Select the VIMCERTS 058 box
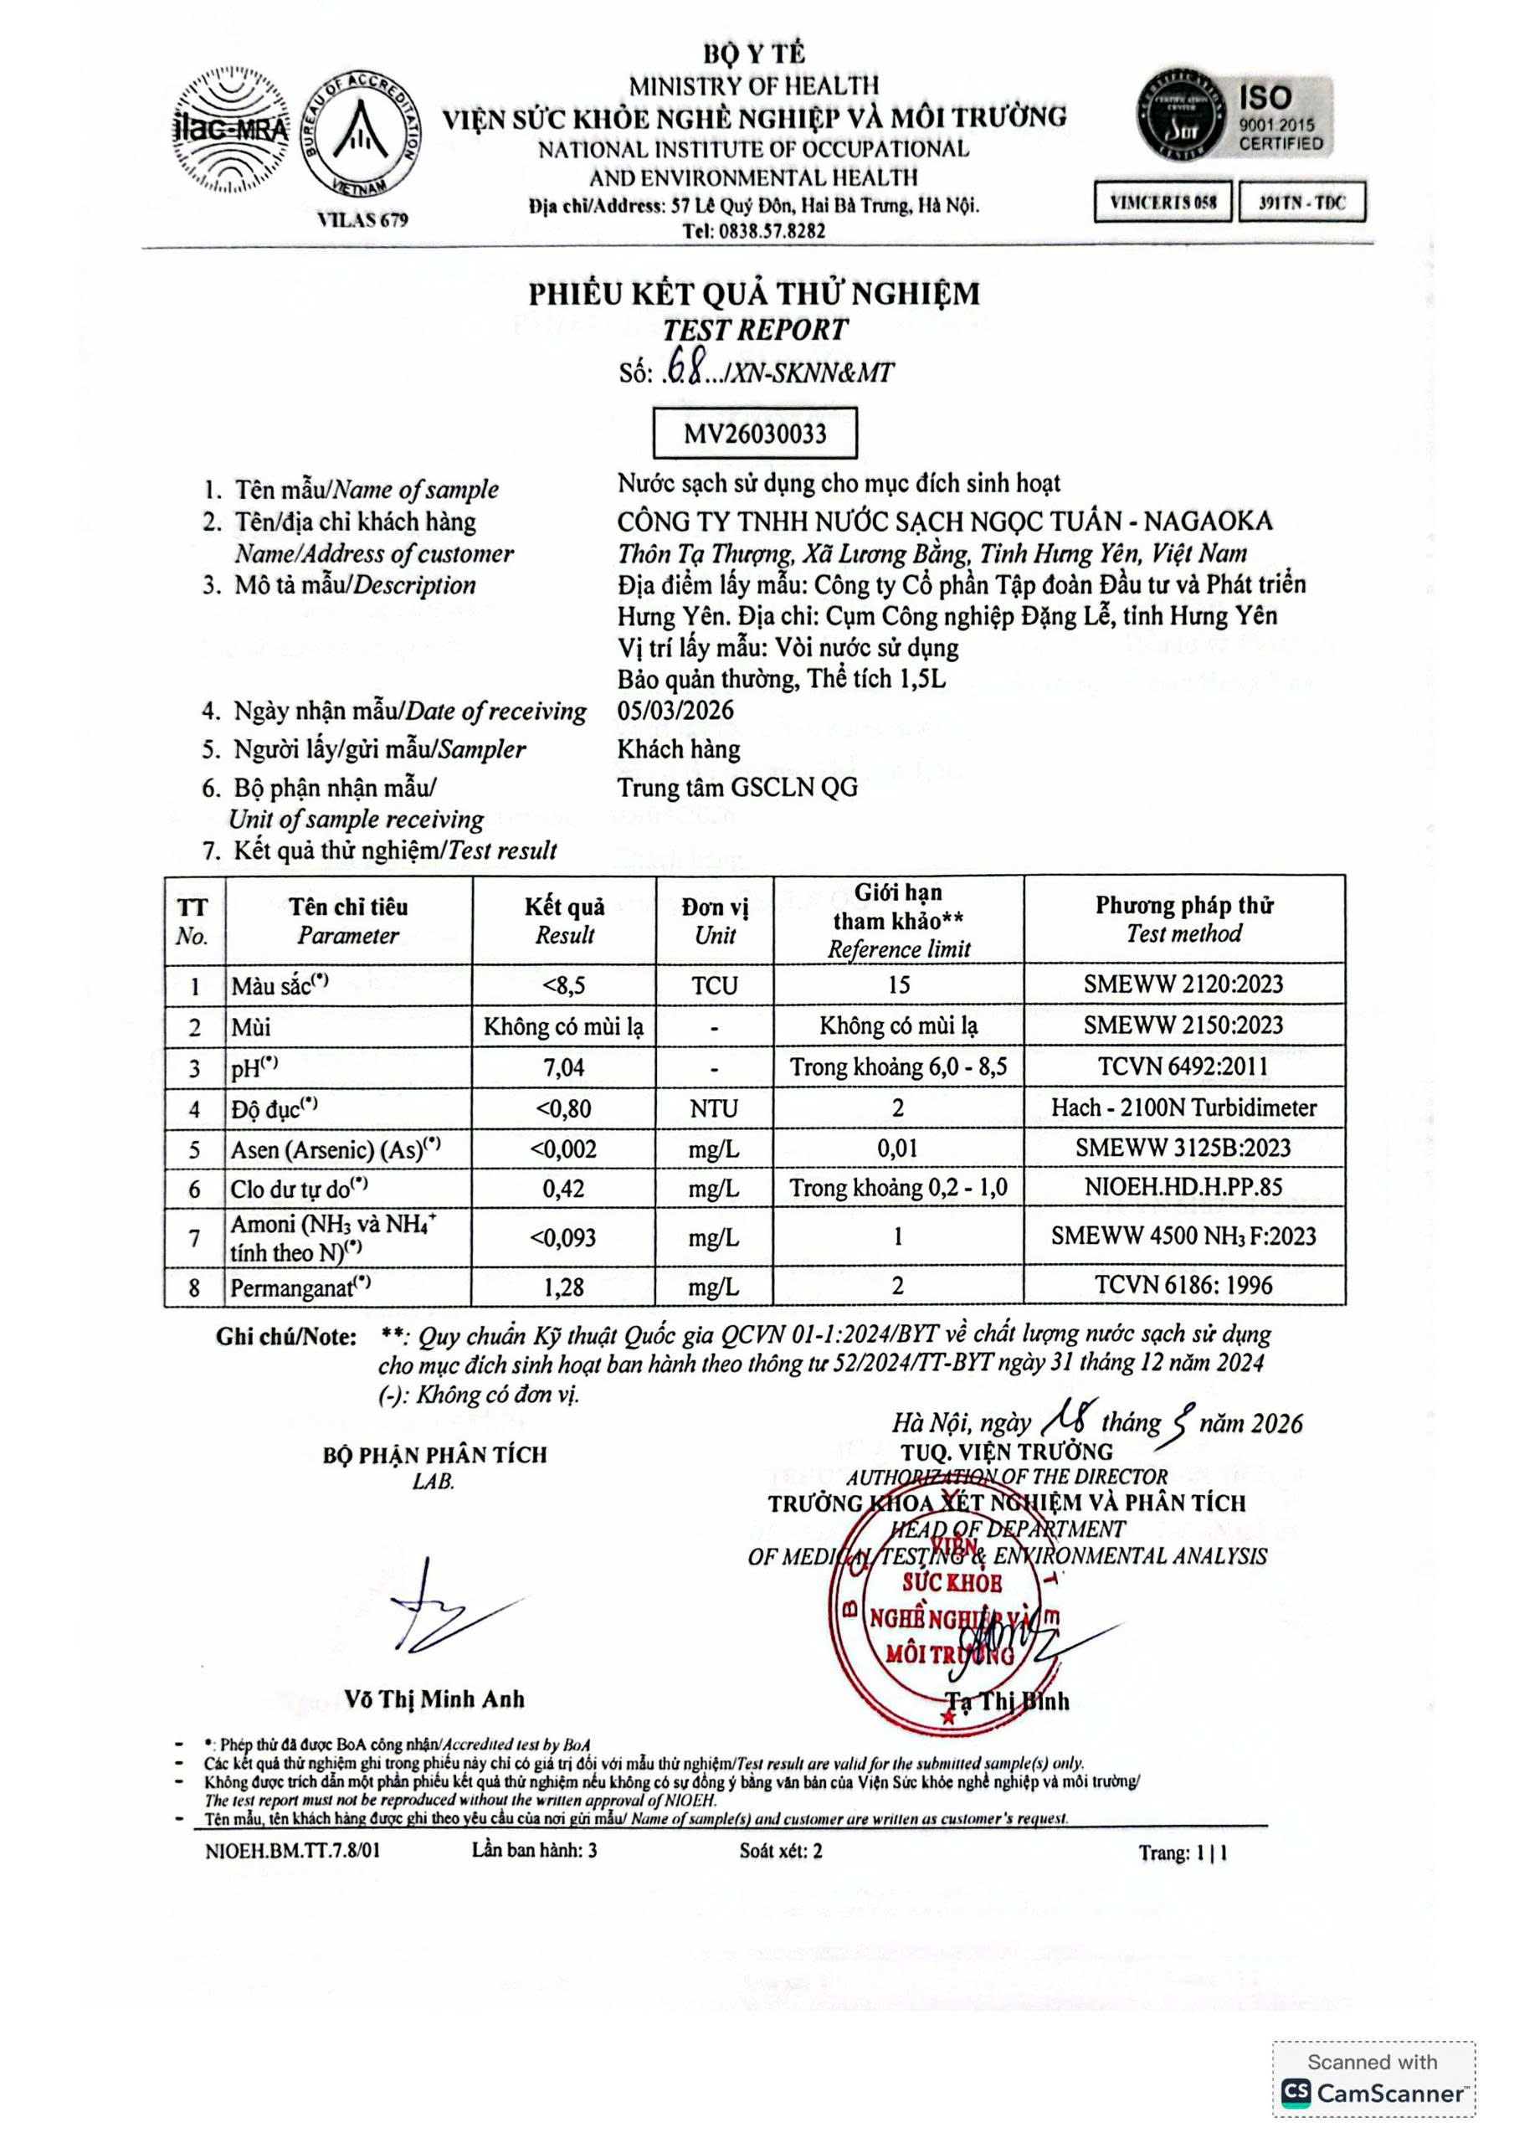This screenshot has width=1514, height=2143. point(1162,203)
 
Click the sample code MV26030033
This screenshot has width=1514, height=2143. point(754,433)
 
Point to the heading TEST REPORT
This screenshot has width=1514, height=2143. point(754,330)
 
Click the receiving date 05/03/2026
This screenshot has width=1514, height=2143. point(675,711)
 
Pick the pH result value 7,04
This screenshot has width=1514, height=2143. point(564,1066)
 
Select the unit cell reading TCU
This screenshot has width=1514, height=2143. point(714,985)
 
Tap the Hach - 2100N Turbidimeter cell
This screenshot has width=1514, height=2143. point(1183,1107)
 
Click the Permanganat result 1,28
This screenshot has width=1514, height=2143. point(564,1287)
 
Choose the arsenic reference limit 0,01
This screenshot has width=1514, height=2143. point(897,1148)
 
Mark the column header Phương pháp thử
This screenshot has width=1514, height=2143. point(1183,906)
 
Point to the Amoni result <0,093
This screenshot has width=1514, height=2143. point(564,1237)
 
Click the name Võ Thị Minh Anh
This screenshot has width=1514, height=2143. point(434,1699)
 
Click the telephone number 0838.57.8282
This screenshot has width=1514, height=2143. point(754,230)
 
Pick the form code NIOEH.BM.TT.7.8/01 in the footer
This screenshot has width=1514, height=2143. point(293,1851)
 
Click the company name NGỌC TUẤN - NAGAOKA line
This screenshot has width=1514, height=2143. point(944,521)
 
